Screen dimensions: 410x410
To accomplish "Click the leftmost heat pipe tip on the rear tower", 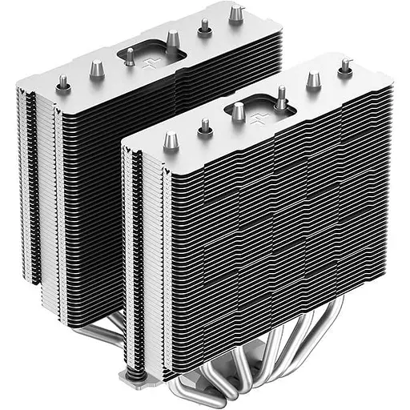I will click(x=62, y=82).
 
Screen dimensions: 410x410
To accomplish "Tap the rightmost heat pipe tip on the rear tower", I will click(x=235, y=14).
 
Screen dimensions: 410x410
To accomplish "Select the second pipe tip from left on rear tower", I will click(x=96, y=67).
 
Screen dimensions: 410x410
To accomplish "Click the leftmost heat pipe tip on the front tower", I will click(x=169, y=141).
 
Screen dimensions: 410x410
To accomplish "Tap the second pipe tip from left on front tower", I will click(x=205, y=126).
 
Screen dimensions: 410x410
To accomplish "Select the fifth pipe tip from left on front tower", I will click(x=313, y=79).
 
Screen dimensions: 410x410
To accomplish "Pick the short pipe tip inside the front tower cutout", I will click(x=238, y=111).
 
